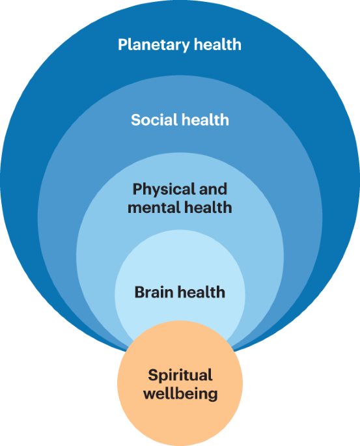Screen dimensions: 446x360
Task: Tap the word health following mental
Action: pos(207,208)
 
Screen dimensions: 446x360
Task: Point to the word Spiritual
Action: pos(180,375)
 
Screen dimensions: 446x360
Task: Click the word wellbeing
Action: pos(180,394)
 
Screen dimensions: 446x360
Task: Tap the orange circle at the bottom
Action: pos(180,417)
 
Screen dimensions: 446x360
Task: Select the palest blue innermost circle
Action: pos(180,260)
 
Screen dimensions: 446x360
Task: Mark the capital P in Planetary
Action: pos(122,45)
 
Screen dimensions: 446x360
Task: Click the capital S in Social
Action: pos(135,120)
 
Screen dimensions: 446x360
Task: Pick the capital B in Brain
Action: pos(139,292)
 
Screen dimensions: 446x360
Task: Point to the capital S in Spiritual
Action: pos(152,375)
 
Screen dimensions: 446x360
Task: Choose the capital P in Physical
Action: pos(137,189)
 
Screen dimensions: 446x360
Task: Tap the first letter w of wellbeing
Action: pos(149,394)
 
